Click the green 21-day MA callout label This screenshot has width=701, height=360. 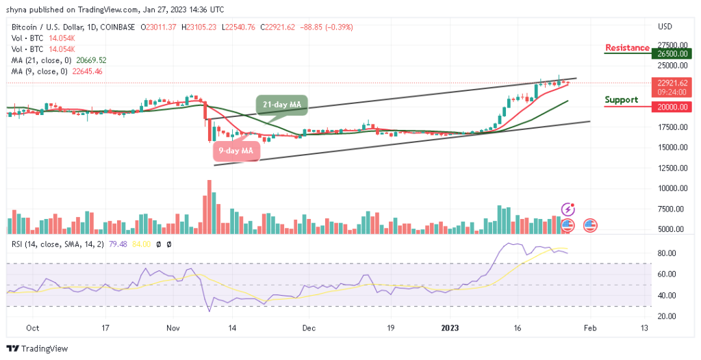283,105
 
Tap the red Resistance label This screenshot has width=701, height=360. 627,48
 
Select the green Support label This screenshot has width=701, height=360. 621,100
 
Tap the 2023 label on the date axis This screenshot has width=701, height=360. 450,328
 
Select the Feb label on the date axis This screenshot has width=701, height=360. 589,328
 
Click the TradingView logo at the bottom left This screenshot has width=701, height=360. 38,348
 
